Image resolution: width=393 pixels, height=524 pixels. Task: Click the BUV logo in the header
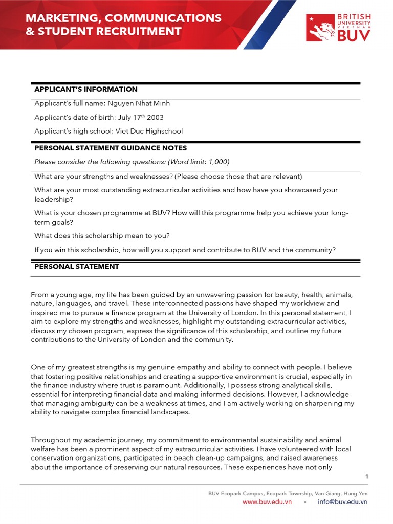(338, 28)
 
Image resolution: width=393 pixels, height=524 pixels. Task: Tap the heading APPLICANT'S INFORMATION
(85, 89)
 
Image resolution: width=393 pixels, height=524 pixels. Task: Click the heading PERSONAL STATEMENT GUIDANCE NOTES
(110, 148)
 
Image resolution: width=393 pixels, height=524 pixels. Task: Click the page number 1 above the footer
(367, 476)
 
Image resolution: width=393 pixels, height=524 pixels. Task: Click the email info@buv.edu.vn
(342, 502)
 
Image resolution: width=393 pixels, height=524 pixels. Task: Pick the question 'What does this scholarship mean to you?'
(102, 236)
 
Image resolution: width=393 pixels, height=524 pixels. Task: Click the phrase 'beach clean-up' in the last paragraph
(198, 458)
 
